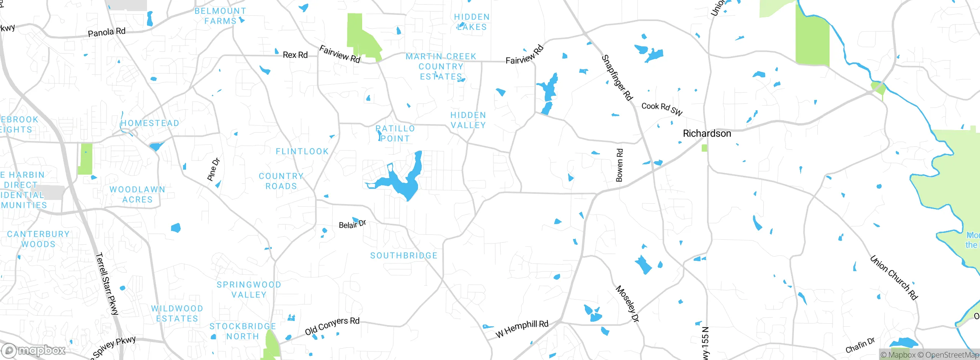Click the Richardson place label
[x=707, y=133]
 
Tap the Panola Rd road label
[x=106, y=32]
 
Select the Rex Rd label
[x=295, y=55]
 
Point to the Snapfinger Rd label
[x=617, y=78]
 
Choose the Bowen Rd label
[x=619, y=165]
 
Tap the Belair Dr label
[x=352, y=224]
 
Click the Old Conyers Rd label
[x=332, y=326]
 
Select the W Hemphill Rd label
[x=522, y=329]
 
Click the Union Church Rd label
[x=894, y=277]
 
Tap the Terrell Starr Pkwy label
[x=107, y=283]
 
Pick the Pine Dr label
[x=214, y=169]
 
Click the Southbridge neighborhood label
[x=403, y=255]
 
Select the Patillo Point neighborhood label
[x=395, y=133]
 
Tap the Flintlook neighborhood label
[x=302, y=151]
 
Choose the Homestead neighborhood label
[x=150, y=123]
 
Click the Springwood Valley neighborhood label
[x=249, y=290]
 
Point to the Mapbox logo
[x=34, y=350]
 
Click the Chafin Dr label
[x=860, y=345]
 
